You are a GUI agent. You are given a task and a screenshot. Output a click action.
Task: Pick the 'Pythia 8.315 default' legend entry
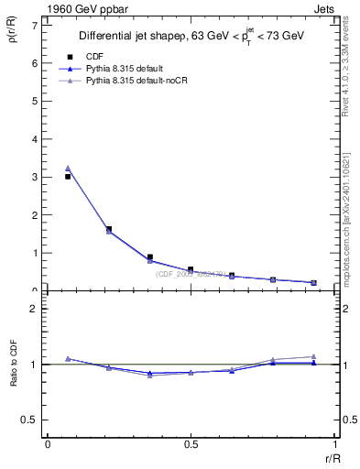pos(127,69)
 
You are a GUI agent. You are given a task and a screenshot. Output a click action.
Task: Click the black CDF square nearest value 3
pos(68,176)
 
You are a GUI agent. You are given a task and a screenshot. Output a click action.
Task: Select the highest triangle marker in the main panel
pos(68,168)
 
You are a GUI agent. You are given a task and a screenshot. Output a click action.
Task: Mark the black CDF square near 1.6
pos(109,229)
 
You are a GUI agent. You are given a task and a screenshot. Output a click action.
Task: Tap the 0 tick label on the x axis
pos(48,444)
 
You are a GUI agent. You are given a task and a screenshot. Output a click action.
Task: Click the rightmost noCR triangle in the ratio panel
pos(313,356)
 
